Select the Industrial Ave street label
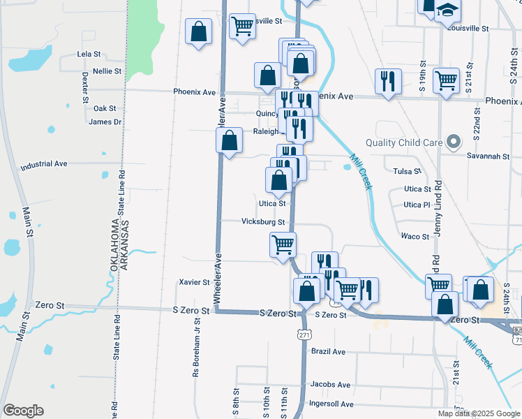pos(44,164)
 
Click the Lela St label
pos(89,54)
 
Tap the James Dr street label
pos(105,122)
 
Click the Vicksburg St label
pos(264,222)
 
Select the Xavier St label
pos(195,282)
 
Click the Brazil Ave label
pos(329,351)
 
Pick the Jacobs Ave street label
pos(330,384)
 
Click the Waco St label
pos(415,237)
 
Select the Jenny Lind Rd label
pos(438,208)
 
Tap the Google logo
pos(23,411)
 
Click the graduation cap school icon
pos(447,10)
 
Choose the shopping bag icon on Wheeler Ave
pos(229,141)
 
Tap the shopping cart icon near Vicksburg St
pos(283,245)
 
